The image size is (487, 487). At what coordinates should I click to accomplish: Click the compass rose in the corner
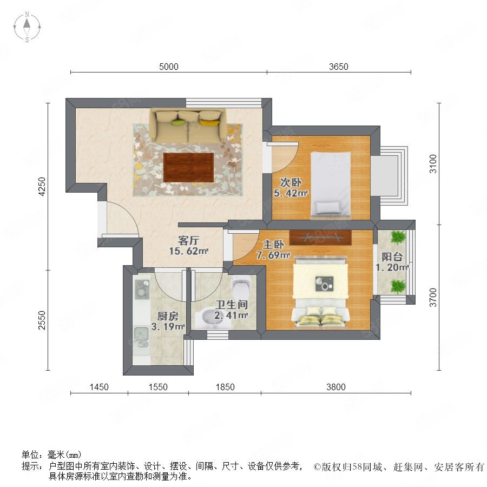point(27,27)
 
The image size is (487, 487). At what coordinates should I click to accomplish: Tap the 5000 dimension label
point(169,67)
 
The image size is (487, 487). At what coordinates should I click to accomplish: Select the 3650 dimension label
point(339,67)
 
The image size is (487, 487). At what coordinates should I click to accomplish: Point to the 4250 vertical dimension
point(42,186)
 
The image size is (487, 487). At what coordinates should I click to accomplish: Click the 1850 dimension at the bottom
point(225,387)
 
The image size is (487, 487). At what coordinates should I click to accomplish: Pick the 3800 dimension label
point(335,387)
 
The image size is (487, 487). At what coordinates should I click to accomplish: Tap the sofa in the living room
point(188,125)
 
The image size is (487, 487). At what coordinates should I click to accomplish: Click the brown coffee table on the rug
point(188,167)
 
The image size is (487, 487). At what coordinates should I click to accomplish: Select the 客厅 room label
point(188,240)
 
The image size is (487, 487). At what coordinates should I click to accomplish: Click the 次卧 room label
point(291,182)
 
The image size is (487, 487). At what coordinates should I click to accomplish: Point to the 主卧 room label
point(273,245)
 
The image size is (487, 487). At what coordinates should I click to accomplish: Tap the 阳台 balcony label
point(392,257)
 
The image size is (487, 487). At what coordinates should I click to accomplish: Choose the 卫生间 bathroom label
point(232,305)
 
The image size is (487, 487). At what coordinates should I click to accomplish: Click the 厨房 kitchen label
point(168,316)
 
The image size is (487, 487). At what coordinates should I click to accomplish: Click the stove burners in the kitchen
point(141,288)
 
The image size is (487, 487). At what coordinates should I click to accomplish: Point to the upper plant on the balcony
point(398,238)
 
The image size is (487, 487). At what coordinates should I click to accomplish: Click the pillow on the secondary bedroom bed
point(327,207)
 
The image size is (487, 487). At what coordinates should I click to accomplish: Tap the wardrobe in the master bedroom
point(320,238)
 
